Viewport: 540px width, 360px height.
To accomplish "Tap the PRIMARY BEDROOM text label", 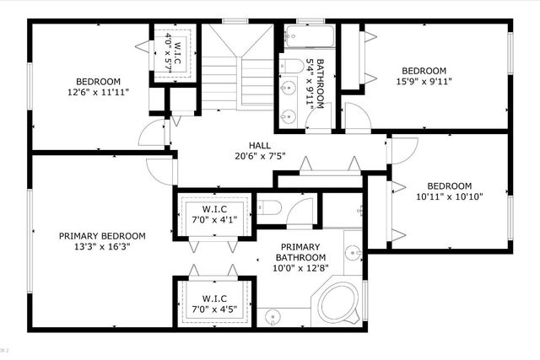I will click(102, 236).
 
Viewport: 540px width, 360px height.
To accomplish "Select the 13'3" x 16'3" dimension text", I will click(102, 248).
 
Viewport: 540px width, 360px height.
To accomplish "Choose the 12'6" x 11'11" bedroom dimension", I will click(99, 93).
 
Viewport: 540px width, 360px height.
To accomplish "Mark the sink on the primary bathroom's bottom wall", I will click(273, 316).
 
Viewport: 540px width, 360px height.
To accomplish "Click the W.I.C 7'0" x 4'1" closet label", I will click(213, 214).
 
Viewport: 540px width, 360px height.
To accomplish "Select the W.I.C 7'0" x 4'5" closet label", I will click(213, 304).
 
